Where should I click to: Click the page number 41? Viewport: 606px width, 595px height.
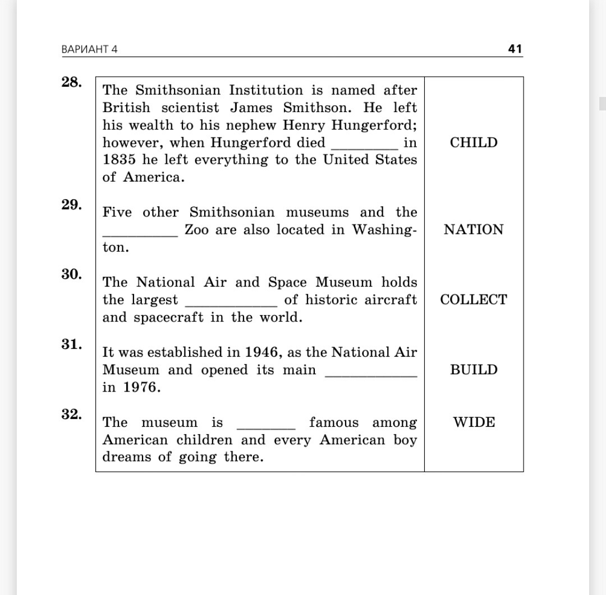tap(515, 49)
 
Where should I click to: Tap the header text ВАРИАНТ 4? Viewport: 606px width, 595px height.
tap(90, 49)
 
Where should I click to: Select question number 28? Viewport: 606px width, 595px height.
tap(71, 82)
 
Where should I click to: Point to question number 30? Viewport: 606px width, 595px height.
tap(71, 274)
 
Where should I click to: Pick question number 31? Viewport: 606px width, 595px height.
tap(71, 344)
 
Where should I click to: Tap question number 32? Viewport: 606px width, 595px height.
tap(71, 414)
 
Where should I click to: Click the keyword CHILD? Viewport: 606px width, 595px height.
tap(474, 142)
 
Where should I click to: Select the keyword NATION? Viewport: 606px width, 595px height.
tap(474, 230)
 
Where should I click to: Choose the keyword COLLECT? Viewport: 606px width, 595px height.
tap(474, 300)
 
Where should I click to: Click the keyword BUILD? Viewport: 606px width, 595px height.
tap(474, 370)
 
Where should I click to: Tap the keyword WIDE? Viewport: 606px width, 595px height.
tap(474, 422)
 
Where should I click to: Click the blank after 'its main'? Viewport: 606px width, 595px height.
tap(371, 373)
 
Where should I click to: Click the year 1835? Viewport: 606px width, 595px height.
tap(118, 160)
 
